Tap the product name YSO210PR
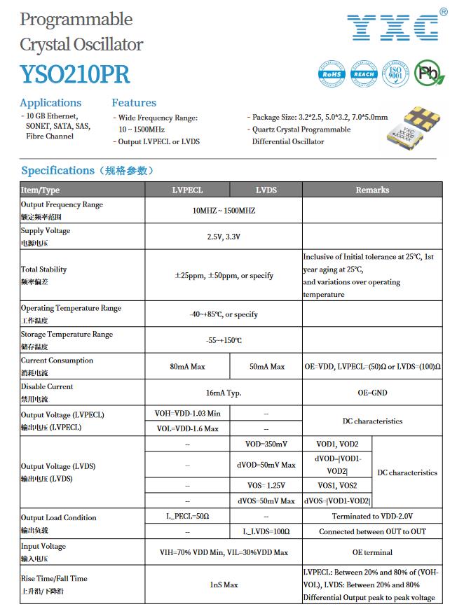[74, 73]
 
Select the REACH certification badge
[363, 73]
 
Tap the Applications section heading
[50, 103]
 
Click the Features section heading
[134, 103]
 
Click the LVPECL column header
[187, 190]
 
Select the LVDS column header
[266, 190]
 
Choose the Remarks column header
[372, 190]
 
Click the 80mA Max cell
[187, 366]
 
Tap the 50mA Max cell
[266, 366]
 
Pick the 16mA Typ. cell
[224, 393]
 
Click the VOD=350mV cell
[266, 444]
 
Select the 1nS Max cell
[224, 584]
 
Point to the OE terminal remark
[372, 552]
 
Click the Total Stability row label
[44, 269]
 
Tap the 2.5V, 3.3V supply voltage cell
[224, 237]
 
